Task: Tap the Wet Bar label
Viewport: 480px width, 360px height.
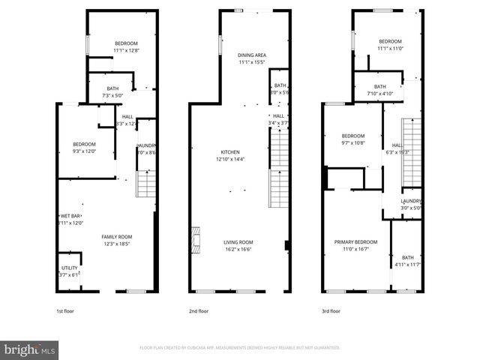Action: tap(70, 216)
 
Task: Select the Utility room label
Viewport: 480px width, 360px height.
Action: tap(69, 268)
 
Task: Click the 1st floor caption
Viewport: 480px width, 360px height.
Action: tap(65, 310)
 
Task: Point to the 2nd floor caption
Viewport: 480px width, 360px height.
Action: tap(198, 310)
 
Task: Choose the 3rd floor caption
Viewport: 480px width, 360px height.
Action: tap(331, 310)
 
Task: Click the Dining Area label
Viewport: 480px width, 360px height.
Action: tap(252, 55)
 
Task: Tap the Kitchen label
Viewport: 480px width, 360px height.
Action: tap(230, 152)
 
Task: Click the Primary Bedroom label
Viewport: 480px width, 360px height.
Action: tap(355, 242)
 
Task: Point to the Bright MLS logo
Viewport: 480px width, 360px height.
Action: tap(30, 349)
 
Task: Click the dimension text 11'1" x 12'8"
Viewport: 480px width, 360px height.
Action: tap(127, 50)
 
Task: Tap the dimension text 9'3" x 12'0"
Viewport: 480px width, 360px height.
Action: tap(84, 151)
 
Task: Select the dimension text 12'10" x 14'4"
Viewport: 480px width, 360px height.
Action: tap(230, 159)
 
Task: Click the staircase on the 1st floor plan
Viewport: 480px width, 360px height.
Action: tap(145, 183)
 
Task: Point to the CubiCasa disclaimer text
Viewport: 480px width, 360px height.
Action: tap(240, 348)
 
